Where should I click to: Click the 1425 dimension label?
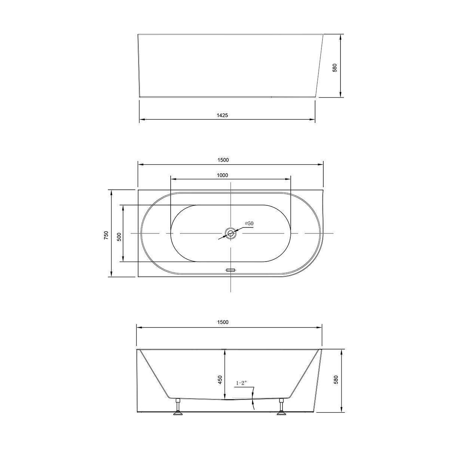coord(222,116)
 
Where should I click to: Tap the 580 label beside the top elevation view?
coord(335,68)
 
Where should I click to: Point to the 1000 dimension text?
coord(222,175)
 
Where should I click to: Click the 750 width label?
coord(106,235)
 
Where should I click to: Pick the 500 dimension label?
coord(119,237)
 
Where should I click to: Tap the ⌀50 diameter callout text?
coord(249,223)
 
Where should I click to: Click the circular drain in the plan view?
coord(230,234)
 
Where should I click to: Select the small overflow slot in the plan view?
coord(230,269)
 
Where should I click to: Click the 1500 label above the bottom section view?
coord(222,322)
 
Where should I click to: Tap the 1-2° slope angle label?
coord(241,383)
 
